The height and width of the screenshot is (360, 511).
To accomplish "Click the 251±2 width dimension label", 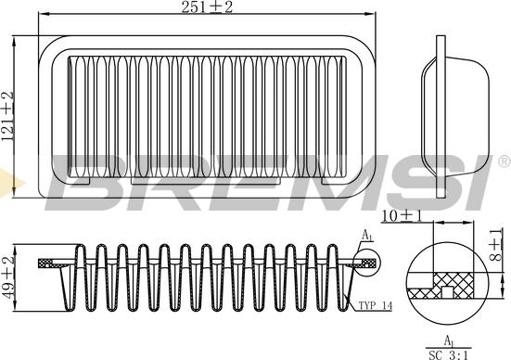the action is click(207, 6).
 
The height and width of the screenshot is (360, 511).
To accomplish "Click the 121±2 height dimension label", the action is click(7, 116).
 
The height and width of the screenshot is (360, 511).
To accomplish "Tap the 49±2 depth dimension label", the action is click(8, 277).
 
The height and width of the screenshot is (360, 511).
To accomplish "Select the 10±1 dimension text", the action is click(402, 216).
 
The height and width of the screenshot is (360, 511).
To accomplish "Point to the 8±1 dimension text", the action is click(495, 245).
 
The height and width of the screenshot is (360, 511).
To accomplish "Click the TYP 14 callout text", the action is click(376, 306).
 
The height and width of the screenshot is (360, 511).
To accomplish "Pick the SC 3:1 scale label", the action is click(449, 354).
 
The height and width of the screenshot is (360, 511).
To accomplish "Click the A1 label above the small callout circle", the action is click(367, 236).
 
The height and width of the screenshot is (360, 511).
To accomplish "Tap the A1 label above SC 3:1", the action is click(449, 341).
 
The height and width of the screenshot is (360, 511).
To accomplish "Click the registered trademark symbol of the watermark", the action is click(505, 162).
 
